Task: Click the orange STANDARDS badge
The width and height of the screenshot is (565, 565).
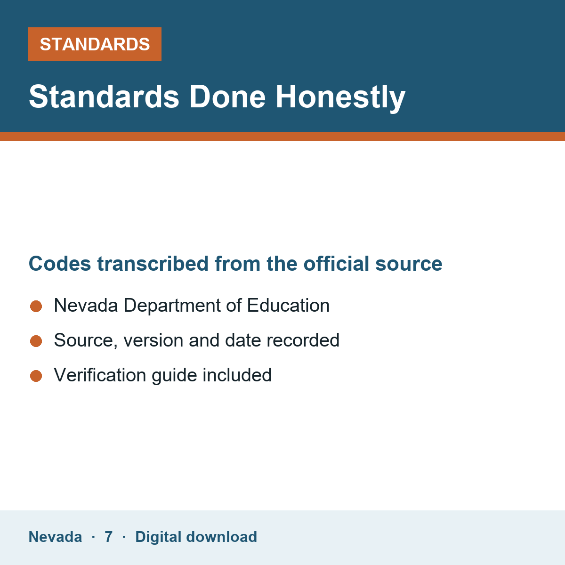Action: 95,44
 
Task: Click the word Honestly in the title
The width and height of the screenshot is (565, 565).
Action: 340,97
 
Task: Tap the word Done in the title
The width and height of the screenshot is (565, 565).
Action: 227,97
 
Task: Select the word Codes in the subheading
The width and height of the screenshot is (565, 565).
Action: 60,264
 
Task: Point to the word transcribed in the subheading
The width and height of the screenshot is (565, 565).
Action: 153,264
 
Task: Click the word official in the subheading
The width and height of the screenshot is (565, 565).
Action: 336,263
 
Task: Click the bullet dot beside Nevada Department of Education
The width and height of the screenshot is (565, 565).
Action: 36,307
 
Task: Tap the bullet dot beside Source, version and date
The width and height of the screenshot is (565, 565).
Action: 36,341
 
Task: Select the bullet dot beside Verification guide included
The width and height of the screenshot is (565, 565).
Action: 36,376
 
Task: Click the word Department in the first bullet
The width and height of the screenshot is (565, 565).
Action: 172,306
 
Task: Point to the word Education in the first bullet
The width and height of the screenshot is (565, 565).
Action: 288,306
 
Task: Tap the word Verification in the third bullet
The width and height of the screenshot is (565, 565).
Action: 100,375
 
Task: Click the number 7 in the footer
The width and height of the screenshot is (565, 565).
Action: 108,537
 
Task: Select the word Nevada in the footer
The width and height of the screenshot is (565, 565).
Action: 55,537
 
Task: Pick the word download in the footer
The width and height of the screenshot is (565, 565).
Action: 222,537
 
